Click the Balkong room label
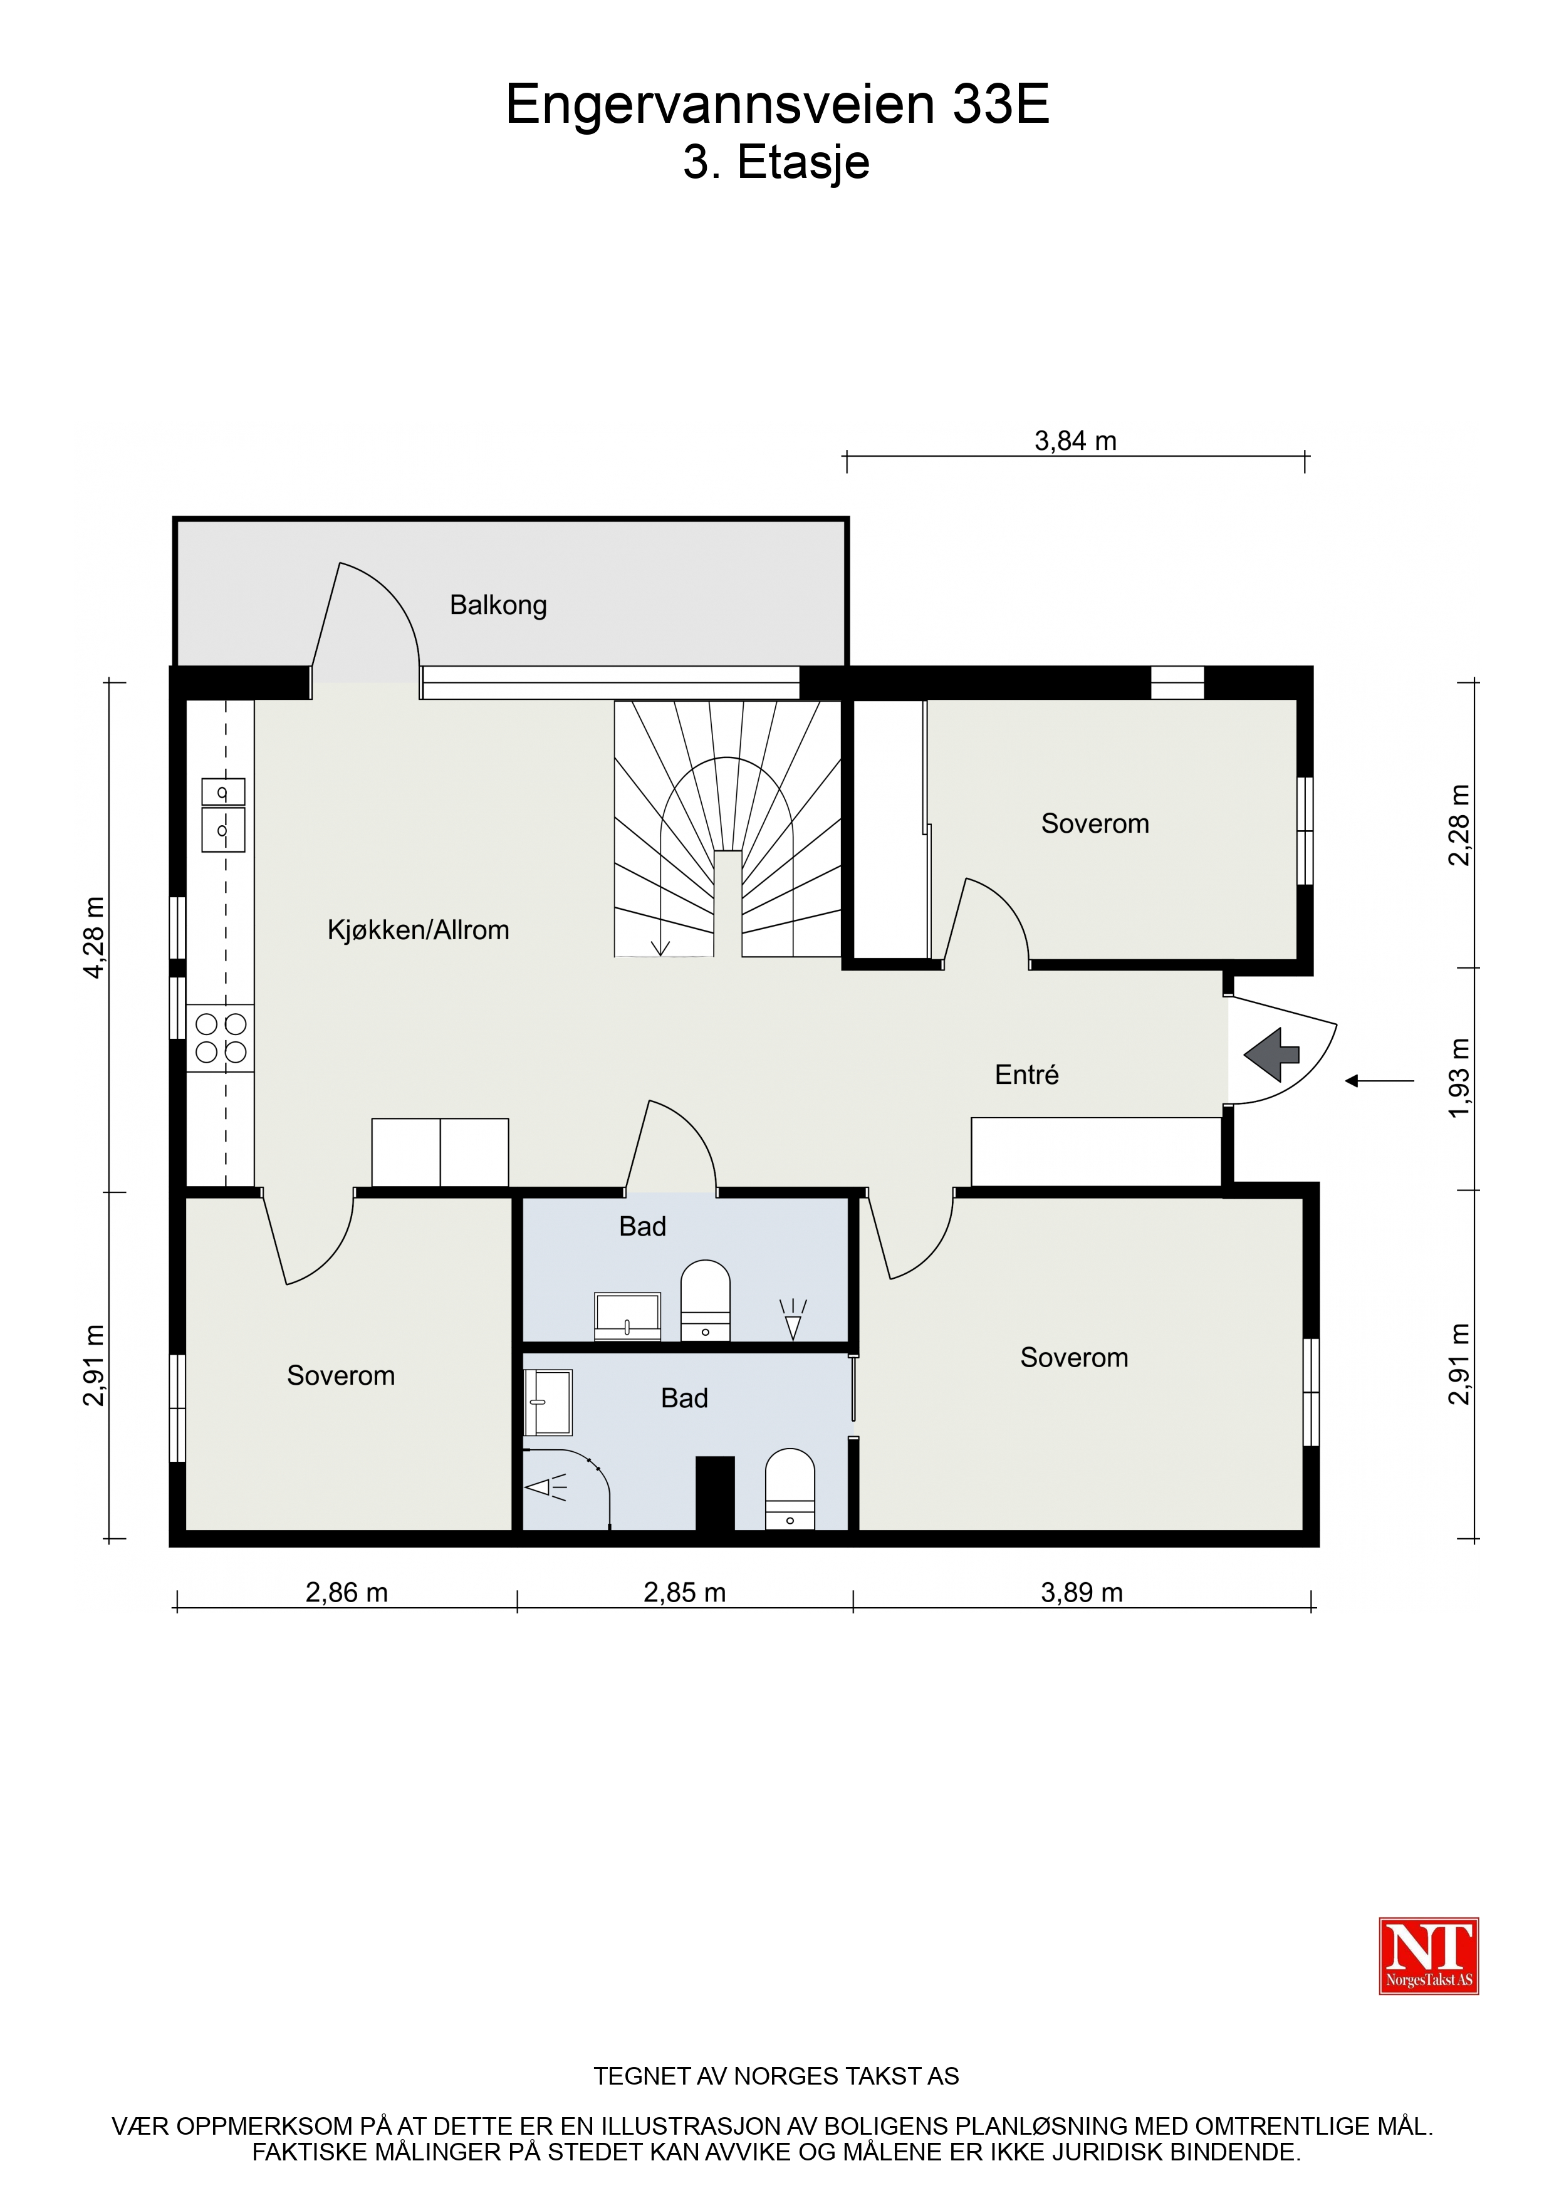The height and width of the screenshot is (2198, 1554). click(498, 606)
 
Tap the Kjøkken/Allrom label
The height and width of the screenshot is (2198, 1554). click(419, 930)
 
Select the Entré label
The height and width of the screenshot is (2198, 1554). click(1026, 1075)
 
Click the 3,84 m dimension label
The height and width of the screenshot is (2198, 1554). click(1075, 441)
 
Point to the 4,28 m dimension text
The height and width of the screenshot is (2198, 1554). click(95, 937)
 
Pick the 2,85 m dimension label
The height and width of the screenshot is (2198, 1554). click(685, 1593)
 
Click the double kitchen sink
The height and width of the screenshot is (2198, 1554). click(223, 815)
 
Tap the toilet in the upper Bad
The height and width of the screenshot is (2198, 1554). click(706, 1301)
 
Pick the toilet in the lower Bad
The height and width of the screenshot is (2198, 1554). click(790, 1489)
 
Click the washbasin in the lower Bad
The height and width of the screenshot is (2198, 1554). click(548, 1402)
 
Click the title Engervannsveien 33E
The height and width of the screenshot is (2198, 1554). click(778, 105)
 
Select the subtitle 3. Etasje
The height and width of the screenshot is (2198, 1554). click(776, 163)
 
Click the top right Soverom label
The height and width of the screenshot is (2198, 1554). click(1095, 825)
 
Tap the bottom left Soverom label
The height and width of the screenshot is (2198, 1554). click(341, 1376)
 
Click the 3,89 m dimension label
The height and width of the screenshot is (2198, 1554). click(1082, 1593)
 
